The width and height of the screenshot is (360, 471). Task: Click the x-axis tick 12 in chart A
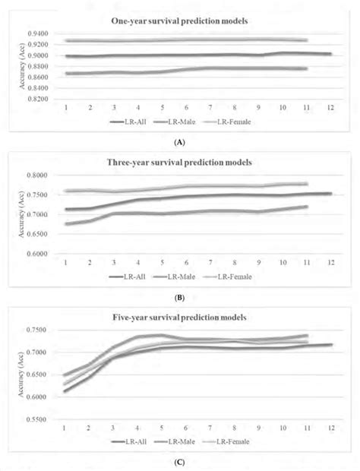[x=328, y=109]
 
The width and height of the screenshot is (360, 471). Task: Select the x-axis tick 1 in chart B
[x=66, y=264]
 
